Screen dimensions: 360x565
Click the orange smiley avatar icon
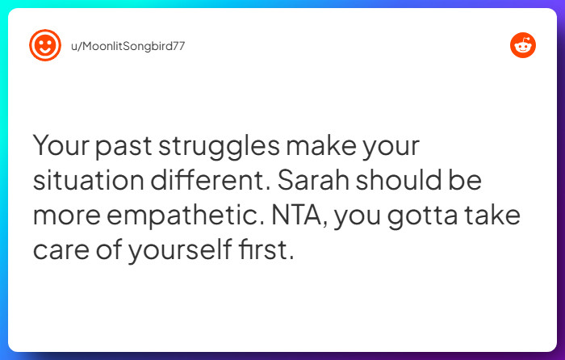tap(45, 45)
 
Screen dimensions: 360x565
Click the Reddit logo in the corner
tap(522, 45)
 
